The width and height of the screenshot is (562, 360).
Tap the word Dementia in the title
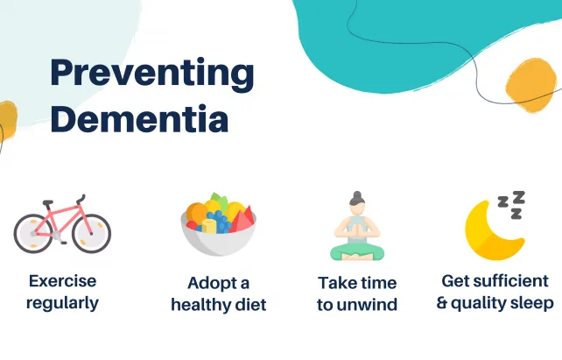[x=139, y=118]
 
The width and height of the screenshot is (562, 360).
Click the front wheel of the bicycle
[x=91, y=233]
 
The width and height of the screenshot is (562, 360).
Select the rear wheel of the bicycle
[x=33, y=233]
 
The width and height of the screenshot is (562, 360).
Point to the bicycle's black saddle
[x=47, y=202]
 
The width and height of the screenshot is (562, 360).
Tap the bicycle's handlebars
[x=81, y=199]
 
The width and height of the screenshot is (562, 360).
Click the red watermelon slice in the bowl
[x=243, y=219]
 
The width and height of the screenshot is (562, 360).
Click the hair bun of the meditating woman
[x=356, y=195]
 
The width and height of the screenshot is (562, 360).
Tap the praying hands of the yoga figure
[x=356, y=229]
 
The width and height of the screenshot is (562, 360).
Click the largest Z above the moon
[x=518, y=197]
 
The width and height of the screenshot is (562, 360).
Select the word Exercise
[x=63, y=281]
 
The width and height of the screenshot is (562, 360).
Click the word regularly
[x=63, y=303]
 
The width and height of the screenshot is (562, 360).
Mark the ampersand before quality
[x=442, y=303]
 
